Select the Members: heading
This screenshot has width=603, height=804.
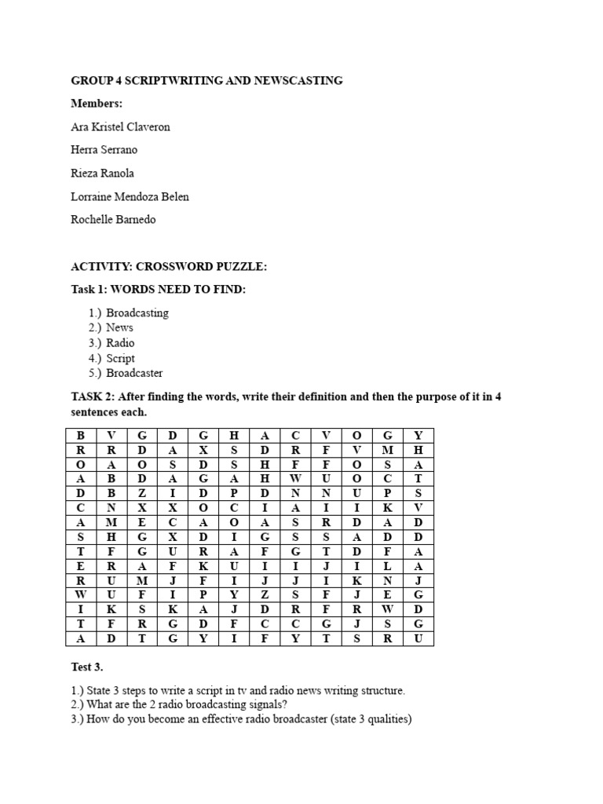tap(97, 104)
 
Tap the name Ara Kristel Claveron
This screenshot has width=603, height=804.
tap(120, 126)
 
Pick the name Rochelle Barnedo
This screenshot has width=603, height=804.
tap(113, 219)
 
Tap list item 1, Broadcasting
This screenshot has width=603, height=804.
tap(137, 312)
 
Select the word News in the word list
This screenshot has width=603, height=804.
tap(119, 327)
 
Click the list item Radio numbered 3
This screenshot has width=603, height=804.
tap(120, 343)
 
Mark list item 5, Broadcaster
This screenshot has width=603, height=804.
tap(134, 373)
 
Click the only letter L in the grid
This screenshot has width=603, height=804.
tap(387, 565)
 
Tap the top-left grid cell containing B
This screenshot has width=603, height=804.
tap(79, 435)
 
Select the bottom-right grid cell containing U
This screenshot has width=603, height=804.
tap(418, 638)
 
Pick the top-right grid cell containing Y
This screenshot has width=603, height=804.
tap(418, 435)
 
